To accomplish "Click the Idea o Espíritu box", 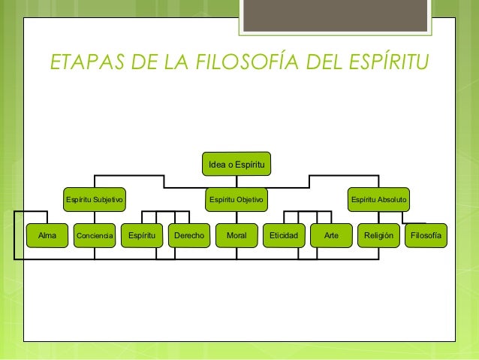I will pos(236,164).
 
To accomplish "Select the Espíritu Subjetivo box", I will pos(95,199).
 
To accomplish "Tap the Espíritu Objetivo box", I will pos(236,199).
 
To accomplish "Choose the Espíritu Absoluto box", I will pos(378,199).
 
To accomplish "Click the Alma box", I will pos(47,235).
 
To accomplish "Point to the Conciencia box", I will pos(95,235).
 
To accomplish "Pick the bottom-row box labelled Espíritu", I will pos(142,235).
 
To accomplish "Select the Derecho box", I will pos(189,235).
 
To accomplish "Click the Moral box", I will pos(236,235).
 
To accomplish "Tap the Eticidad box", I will pos(284,235).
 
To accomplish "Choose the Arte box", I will pos(331,235).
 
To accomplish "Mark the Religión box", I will pos(378,235).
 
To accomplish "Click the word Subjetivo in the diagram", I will pos(108,199).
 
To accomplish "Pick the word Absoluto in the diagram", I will pos(392,199).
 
